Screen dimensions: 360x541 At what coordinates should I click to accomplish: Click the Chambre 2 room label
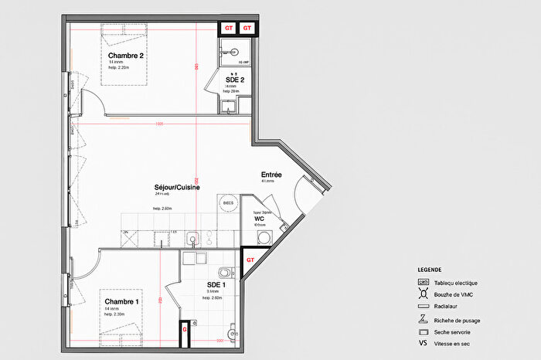pos(125,56)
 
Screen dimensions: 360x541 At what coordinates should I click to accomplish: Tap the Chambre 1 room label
pos(122,301)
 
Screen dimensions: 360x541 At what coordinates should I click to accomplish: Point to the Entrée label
pos(271,175)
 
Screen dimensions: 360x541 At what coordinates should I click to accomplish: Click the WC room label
pos(260,219)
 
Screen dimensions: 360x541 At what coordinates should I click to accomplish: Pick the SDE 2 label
pos(235,80)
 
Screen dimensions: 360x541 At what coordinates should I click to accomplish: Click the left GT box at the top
pos(229,28)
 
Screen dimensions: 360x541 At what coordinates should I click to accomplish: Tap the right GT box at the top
pos(248,28)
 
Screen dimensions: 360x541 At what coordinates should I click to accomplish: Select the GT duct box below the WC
pos(250,260)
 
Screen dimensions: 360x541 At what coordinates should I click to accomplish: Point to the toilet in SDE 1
pos(225,272)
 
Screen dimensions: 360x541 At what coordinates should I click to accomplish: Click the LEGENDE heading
pos(430,270)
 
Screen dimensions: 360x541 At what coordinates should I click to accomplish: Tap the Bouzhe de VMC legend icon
pos(423,294)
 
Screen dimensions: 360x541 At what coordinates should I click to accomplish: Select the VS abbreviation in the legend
pos(423,343)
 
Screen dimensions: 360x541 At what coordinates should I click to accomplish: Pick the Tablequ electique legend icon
pos(423,283)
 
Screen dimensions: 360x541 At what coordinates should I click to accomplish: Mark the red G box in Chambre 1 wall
pos(184,329)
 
